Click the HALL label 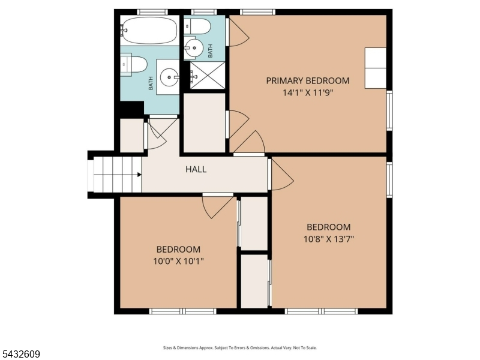coord(196,169)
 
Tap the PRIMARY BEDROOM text coord(308,81)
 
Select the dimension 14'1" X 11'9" coord(307,92)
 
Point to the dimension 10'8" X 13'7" coord(328,239)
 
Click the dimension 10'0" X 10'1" coord(178,262)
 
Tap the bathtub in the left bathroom coord(149,30)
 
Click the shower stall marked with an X coord(208,76)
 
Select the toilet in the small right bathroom coord(197,26)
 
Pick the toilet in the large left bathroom coord(133,64)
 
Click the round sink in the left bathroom coord(169,77)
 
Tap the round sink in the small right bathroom coord(193,48)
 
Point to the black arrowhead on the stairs coord(139,175)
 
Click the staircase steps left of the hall coord(117,175)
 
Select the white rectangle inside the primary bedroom coord(376,68)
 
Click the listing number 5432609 coord(20,354)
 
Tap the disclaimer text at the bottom coord(239,348)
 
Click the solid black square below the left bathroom coord(132,108)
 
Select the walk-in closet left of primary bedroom coord(204,122)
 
